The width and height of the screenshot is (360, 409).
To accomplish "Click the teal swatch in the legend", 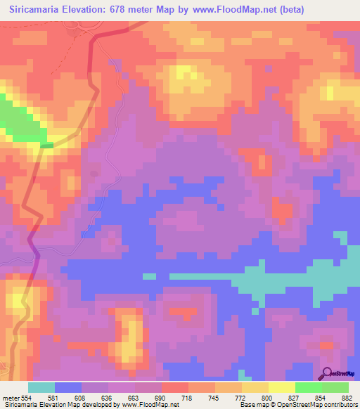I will click(41, 387).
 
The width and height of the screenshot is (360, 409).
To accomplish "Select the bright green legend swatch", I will click(308, 387).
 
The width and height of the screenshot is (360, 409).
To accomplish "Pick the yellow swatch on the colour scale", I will click(281, 387).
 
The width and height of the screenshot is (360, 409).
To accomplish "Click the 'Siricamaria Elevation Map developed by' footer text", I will click(49, 405).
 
